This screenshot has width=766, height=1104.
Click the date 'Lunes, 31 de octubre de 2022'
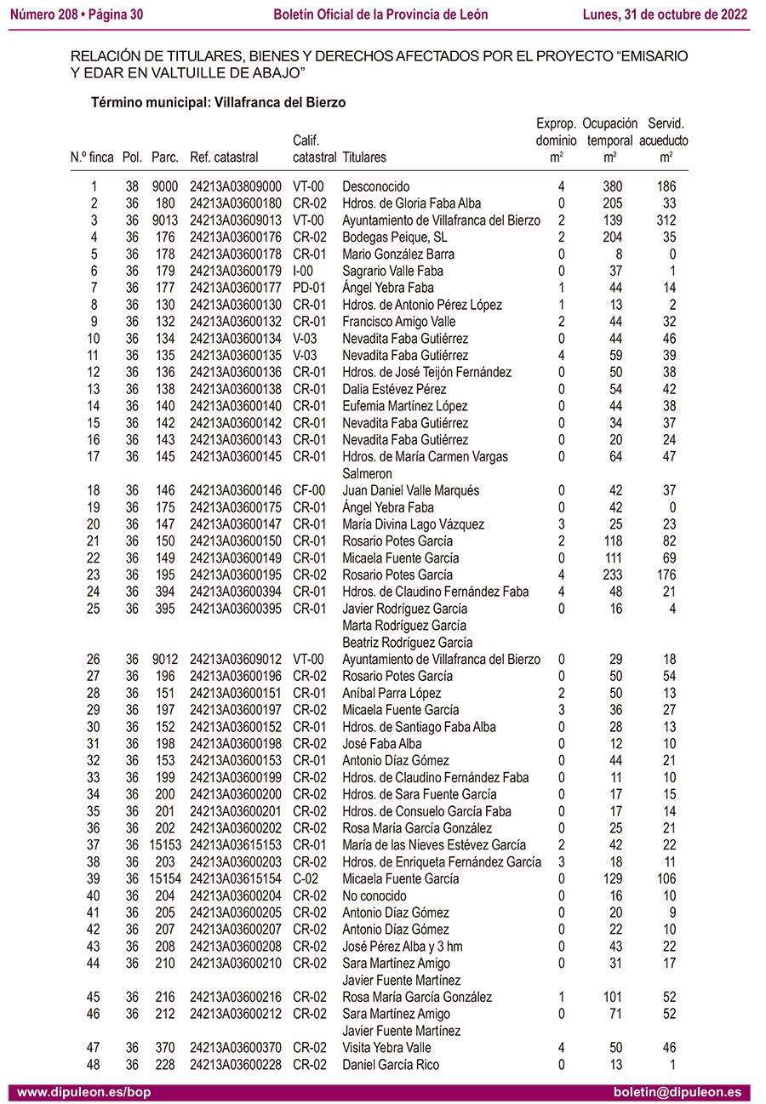point(665,14)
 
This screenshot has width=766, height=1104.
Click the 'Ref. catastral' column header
point(224,157)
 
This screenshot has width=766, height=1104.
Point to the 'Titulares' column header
point(363,157)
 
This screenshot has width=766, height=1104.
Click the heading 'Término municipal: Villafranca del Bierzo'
point(218,102)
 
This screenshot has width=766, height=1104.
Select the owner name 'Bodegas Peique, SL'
point(394,237)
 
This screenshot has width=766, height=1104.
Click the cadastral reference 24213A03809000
point(236,186)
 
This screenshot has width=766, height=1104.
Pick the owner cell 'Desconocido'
point(375,186)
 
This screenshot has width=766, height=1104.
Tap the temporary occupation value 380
point(612,186)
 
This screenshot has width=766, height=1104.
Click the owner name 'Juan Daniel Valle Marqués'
point(410,490)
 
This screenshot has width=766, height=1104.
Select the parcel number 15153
point(165,845)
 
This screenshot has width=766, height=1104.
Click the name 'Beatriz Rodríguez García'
point(407,643)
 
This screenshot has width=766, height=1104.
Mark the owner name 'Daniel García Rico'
point(391,1065)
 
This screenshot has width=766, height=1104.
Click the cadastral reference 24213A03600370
point(236,1048)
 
